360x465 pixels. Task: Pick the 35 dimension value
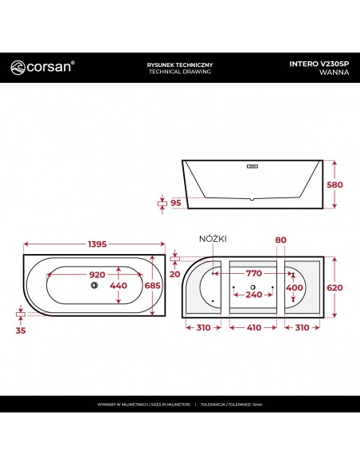pos(20,328)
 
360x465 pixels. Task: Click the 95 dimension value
pos(174,203)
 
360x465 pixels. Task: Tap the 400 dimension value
pos(295,287)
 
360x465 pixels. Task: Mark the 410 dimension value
pos(252,328)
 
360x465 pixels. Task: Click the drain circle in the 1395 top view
pos(95,285)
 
